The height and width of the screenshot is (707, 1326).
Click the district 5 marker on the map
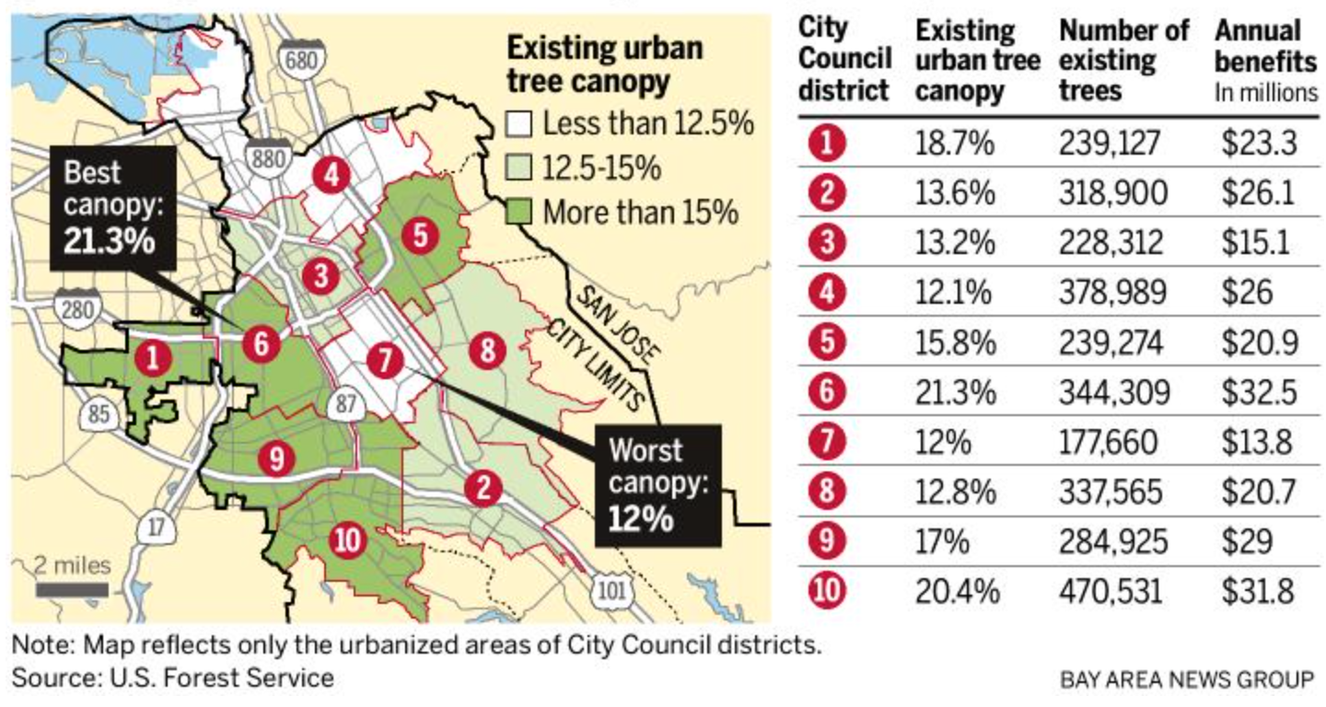[420, 237]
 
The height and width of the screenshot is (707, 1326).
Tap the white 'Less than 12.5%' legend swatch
[521, 123]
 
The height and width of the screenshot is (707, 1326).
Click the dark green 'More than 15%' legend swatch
[521, 213]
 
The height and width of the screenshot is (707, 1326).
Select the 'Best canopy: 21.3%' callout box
[113, 209]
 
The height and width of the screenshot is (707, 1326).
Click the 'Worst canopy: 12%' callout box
[657, 486]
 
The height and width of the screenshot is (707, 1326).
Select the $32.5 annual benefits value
[1259, 391]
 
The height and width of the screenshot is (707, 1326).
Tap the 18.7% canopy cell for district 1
[955, 143]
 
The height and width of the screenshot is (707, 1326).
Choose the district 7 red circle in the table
[828, 442]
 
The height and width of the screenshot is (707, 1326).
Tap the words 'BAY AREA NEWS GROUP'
[1187, 680]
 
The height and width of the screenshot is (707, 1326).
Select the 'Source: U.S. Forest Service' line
[173, 678]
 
